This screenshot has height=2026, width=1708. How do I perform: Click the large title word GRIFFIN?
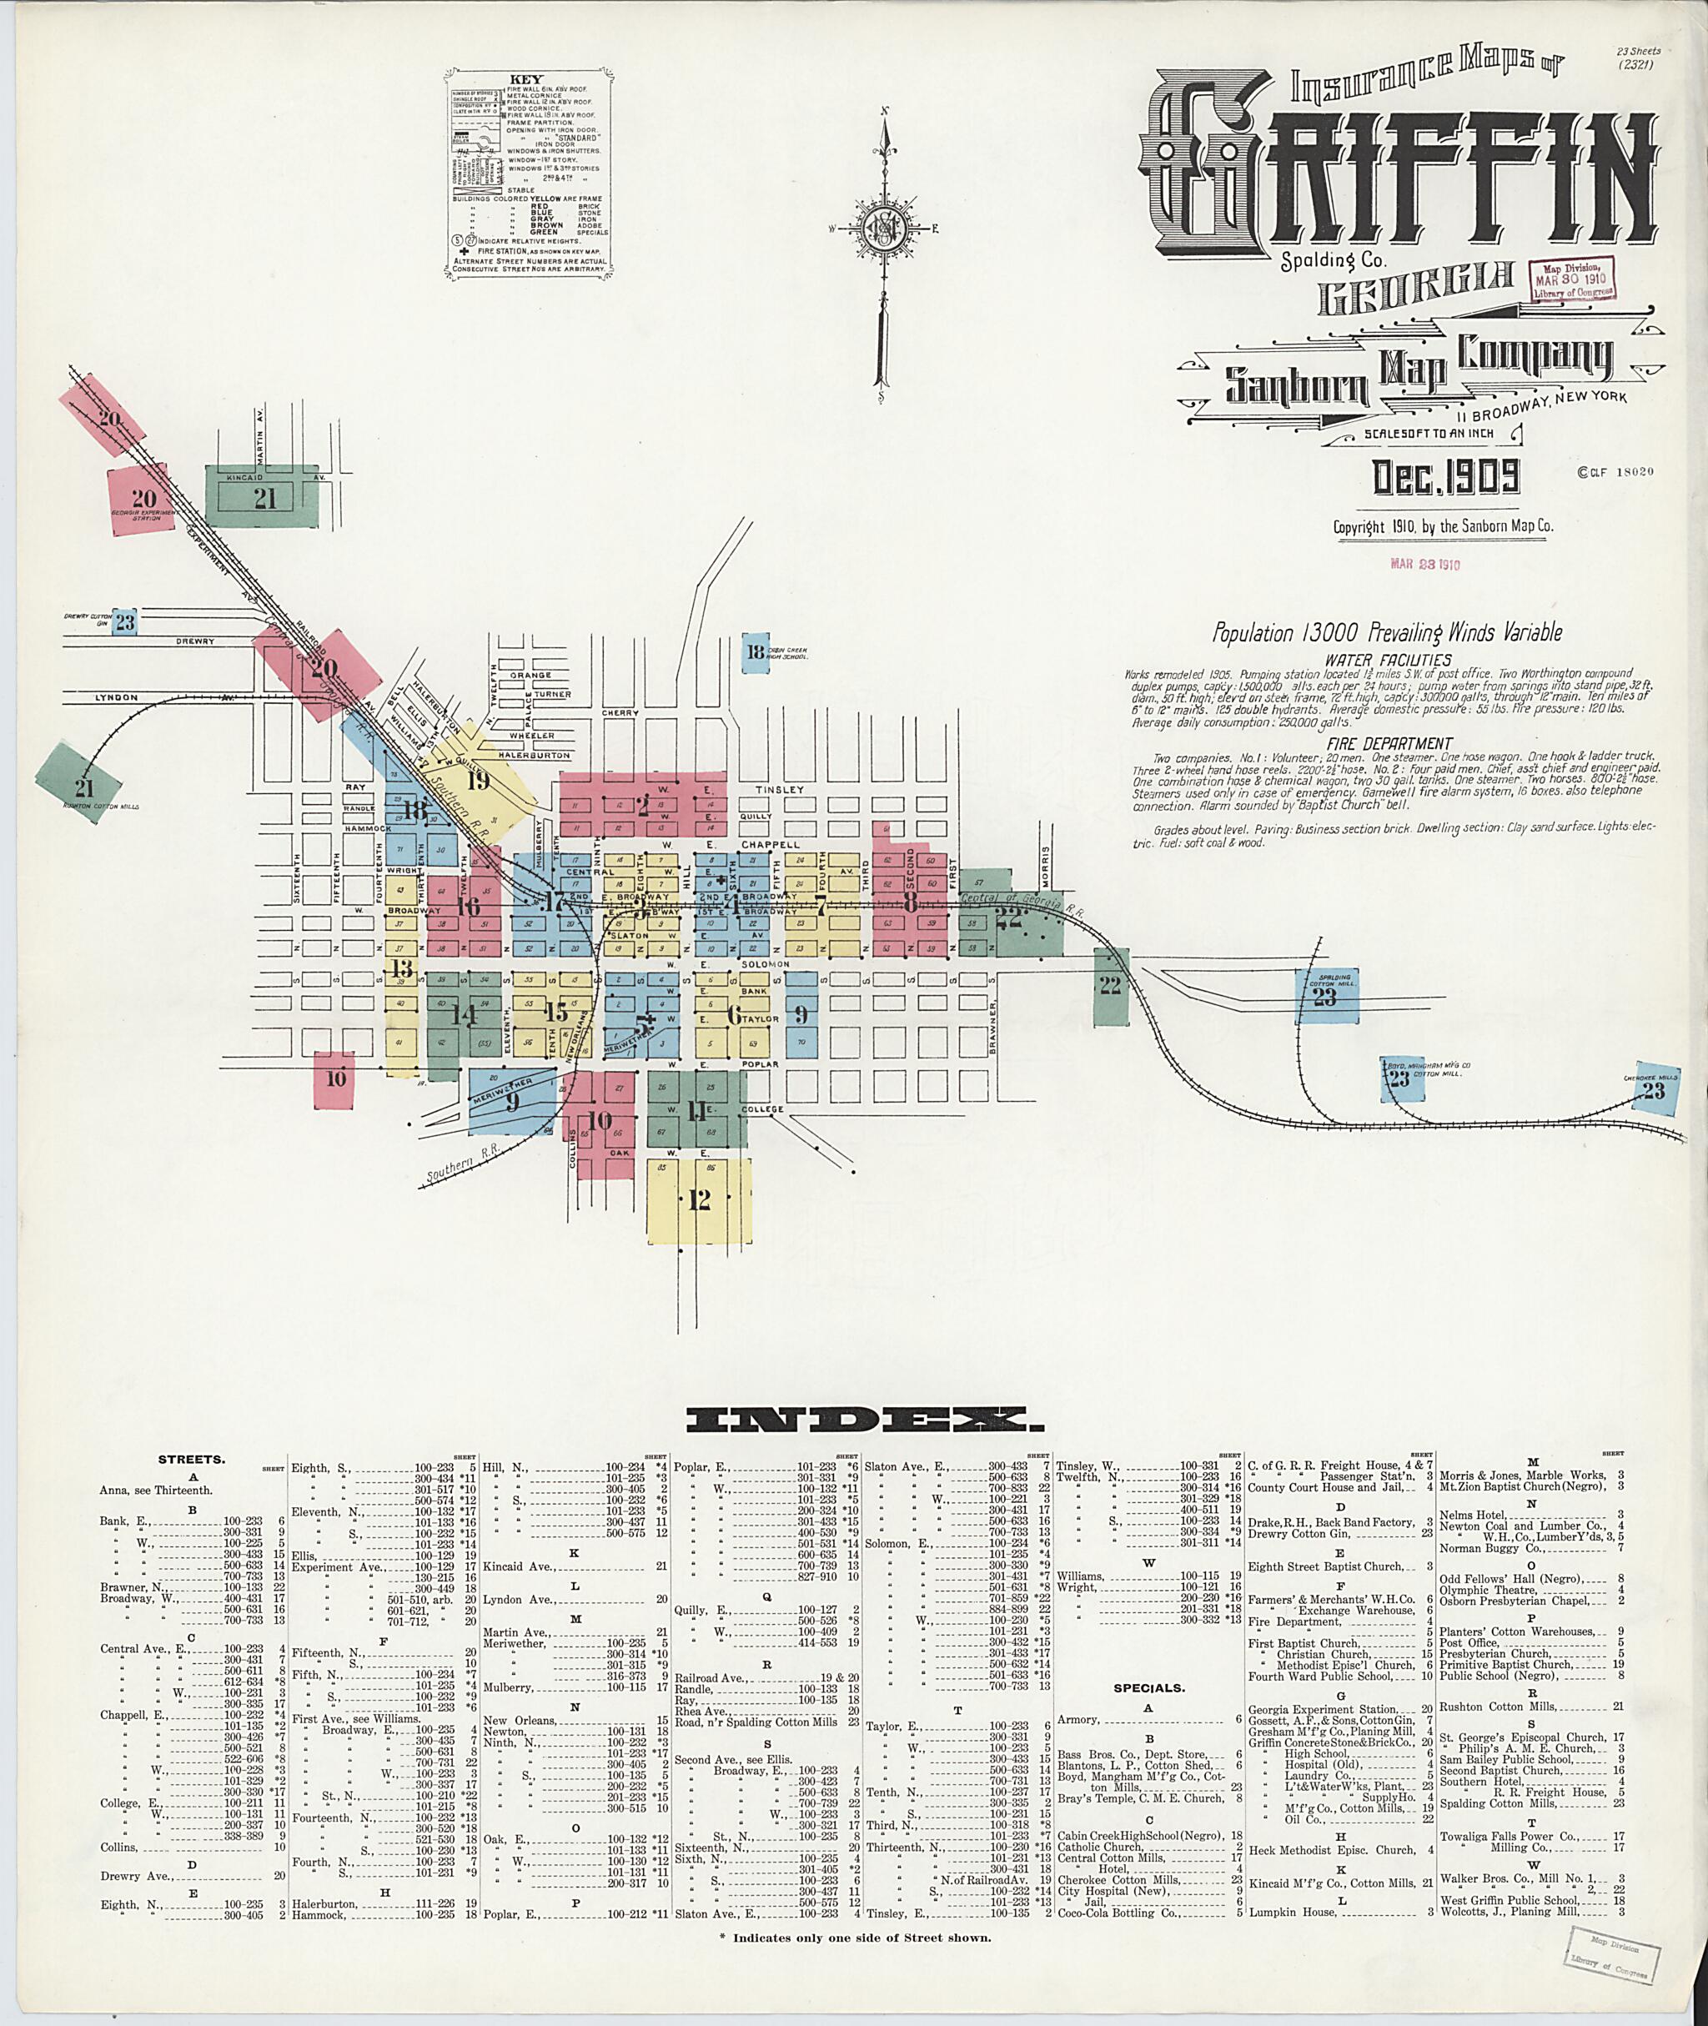click(1402, 169)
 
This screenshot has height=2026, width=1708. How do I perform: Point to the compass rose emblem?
click(883, 229)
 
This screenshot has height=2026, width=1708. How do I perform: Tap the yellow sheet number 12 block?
click(699, 1200)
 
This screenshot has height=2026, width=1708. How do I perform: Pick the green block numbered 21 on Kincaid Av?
click(264, 498)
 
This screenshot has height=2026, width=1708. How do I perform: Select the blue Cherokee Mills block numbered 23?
click(1652, 1090)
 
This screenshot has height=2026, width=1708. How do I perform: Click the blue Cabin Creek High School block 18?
click(756, 651)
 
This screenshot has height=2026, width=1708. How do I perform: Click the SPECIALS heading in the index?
click(1149, 1688)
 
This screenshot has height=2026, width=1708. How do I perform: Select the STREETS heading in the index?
click(192, 1459)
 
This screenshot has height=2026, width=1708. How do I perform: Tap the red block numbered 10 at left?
click(336, 1078)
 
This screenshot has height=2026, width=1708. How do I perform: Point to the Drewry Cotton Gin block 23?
click(125, 621)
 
